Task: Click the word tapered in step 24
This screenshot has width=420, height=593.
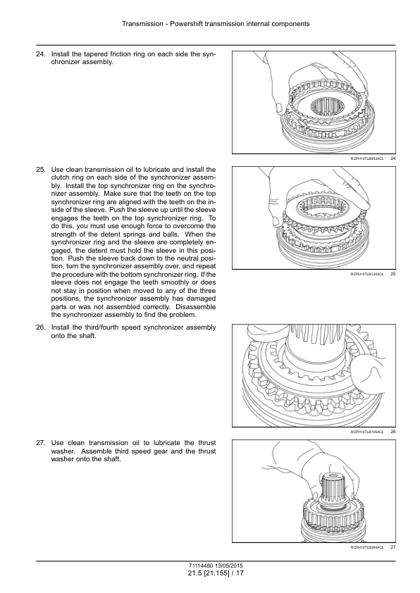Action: click(x=90, y=54)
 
